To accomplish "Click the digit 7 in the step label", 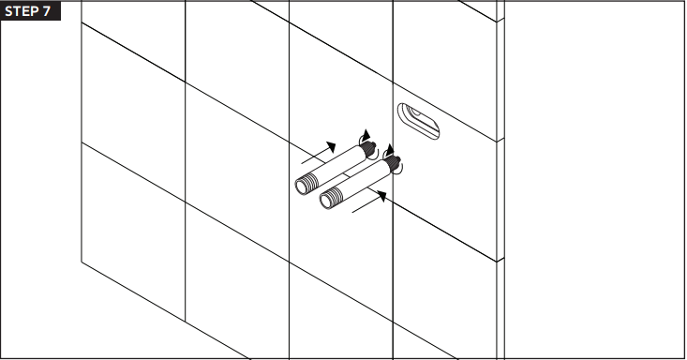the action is tap(46, 11).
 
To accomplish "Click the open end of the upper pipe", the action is tap(302, 187).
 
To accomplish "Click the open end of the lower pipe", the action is tap(326, 202).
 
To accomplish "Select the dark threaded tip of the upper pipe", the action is tap(369, 148).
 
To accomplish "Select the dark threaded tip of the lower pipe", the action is tap(394, 163).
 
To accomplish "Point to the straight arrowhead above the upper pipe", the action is tap(332, 146).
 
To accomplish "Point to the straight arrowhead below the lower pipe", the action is tap(381, 196).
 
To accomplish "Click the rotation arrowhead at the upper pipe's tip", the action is tap(366, 136).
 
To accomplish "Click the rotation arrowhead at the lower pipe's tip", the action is tap(389, 149).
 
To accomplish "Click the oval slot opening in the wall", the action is tap(418, 122).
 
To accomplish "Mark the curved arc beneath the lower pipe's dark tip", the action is tap(397, 171).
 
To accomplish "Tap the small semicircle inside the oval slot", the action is tap(413, 112).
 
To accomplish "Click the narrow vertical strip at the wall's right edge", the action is tap(500, 180).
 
